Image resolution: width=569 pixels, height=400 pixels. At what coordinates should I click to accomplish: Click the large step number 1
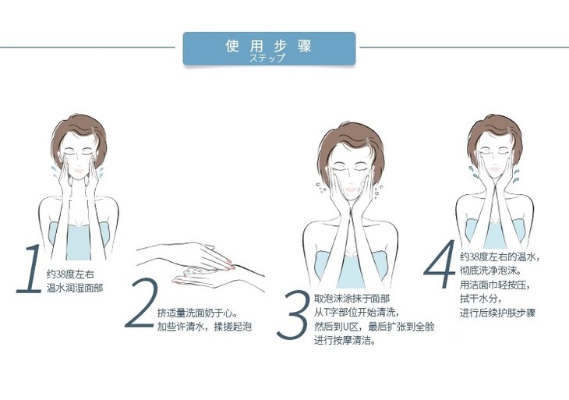tap(29, 268)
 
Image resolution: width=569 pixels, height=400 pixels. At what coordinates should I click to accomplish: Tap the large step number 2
tap(141, 303)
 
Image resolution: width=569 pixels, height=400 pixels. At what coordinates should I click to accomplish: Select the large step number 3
tap(293, 315)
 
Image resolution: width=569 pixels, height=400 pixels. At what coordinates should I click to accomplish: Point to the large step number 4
tap(440, 264)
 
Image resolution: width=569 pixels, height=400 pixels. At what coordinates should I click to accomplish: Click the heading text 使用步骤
tap(269, 46)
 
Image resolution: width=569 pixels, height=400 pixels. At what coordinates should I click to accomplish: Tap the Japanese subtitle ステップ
tap(267, 58)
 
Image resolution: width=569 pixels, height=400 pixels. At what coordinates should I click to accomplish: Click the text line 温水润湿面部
tap(75, 288)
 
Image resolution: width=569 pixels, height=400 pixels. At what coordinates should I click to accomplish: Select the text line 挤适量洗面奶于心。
tap(197, 313)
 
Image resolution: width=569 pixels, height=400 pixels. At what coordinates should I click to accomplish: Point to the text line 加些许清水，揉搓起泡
tap(204, 327)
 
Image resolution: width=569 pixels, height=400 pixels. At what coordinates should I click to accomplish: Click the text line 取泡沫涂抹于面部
tap(352, 299)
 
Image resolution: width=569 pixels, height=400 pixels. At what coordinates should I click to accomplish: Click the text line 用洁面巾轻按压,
tap(495, 285)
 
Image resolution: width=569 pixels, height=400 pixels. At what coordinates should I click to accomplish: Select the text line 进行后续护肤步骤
tap(497, 313)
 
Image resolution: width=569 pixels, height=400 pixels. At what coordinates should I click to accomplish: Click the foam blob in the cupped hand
tap(196, 271)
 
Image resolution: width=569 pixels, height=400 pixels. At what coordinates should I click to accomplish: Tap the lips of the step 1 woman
tap(79, 170)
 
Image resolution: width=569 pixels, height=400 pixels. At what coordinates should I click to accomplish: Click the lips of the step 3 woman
tap(351, 189)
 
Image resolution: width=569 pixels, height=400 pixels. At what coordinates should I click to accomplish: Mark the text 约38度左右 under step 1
tap(70, 274)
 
